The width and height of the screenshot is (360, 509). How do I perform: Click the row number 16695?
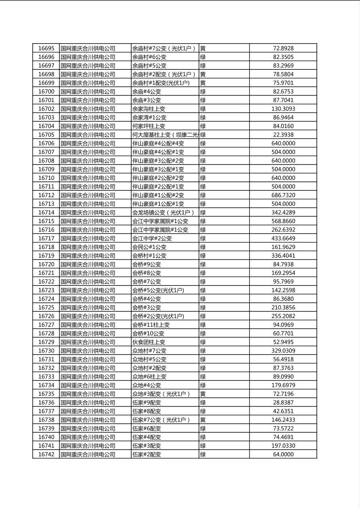(x=46, y=48)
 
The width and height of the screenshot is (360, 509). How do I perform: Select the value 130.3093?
(x=283, y=109)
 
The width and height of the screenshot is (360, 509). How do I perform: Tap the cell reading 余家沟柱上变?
(x=149, y=109)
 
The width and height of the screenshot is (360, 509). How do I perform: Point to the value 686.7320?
(x=283, y=195)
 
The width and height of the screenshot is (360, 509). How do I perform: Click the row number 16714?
(x=46, y=213)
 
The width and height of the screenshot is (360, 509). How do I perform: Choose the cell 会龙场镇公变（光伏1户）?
(x=163, y=213)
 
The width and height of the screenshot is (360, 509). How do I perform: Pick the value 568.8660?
(x=283, y=221)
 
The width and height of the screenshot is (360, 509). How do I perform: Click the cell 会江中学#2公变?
(x=152, y=238)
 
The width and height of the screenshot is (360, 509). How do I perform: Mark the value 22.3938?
(x=283, y=135)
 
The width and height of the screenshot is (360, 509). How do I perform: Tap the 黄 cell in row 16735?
(x=203, y=394)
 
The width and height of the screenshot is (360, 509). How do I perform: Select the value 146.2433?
(x=283, y=420)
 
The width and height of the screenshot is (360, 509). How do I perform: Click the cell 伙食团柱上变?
(x=149, y=342)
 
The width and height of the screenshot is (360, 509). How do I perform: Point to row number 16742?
(x=46, y=455)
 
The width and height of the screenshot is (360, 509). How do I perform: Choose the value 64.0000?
(x=283, y=455)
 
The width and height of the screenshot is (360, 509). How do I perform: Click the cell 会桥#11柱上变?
(x=151, y=325)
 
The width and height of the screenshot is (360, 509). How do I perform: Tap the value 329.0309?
(x=283, y=351)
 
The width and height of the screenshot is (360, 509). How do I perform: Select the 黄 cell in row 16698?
(x=203, y=74)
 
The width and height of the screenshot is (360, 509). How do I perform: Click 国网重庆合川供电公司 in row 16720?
(x=88, y=265)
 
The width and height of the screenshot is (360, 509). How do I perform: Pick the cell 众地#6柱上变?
(x=149, y=377)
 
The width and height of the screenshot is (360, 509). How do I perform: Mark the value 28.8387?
(x=283, y=403)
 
